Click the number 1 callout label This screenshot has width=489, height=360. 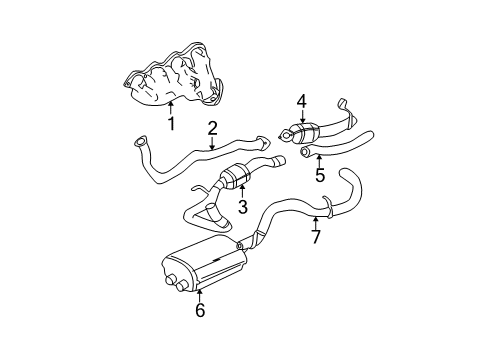[x=171, y=124]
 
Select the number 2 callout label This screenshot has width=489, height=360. [x=213, y=127]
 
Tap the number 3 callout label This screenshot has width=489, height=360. [x=241, y=207]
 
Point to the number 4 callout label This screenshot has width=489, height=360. [x=301, y=101]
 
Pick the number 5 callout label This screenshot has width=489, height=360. [x=320, y=173]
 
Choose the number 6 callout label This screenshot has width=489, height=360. [x=199, y=311]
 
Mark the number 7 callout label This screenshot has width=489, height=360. [x=315, y=237]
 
